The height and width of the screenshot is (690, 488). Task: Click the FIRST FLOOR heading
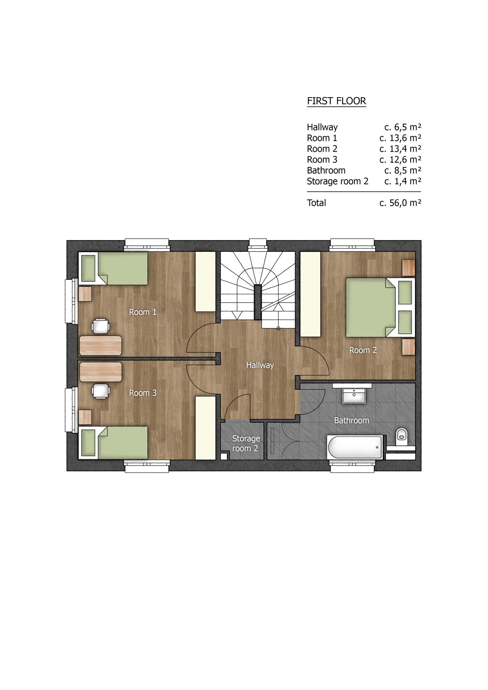pyautogui.click(x=336, y=101)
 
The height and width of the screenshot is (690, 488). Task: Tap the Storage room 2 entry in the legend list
pyautogui.click(x=337, y=181)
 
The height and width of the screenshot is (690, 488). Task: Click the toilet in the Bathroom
pyautogui.click(x=401, y=434)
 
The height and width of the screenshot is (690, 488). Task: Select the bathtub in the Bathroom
pyautogui.click(x=355, y=447)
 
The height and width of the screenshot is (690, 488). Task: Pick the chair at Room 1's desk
pyautogui.click(x=100, y=326)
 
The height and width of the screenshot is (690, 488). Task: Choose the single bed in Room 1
pyautogui.click(x=113, y=268)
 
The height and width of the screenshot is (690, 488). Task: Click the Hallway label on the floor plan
pyautogui.click(x=260, y=365)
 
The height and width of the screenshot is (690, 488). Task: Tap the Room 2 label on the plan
pyautogui.click(x=363, y=350)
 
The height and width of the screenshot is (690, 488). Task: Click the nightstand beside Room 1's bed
pyautogui.click(x=85, y=294)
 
